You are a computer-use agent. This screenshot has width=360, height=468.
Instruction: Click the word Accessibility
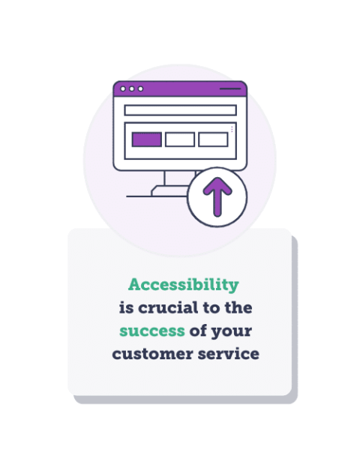click(183, 285)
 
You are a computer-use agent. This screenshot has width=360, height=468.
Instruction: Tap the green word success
click(152, 331)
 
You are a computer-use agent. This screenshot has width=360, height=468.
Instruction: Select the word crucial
click(171, 308)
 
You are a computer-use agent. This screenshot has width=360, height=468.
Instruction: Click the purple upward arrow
click(217, 197)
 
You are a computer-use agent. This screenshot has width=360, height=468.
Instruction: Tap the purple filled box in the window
click(146, 139)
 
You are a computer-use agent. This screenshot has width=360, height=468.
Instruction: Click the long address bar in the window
click(180, 110)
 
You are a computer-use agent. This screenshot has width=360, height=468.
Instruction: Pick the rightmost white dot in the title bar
click(140, 88)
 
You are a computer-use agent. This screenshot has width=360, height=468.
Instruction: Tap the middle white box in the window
click(180, 139)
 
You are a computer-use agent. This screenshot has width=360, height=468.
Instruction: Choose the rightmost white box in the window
click(213, 139)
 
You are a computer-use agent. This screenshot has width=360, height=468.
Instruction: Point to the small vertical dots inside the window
click(232, 129)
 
